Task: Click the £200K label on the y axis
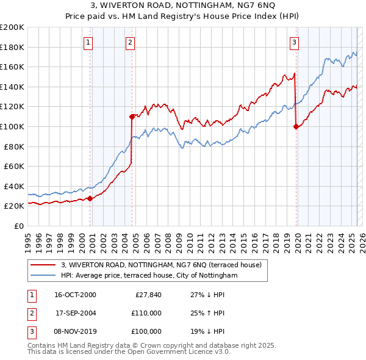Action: pyautogui.click(x=12, y=27)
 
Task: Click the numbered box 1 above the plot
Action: pyautogui.click(x=88, y=42)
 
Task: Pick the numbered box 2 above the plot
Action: pyautogui.click(x=131, y=42)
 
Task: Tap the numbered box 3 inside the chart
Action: pyautogui.click(x=294, y=42)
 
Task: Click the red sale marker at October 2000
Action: pyautogui.click(x=90, y=198)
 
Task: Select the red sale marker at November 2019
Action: pyautogui.click(x=296, y=126)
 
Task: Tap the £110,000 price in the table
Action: pyautogui.click(x=147, y=313)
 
